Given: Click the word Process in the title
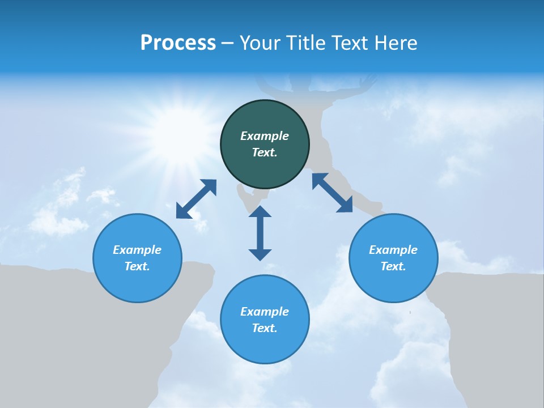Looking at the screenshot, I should click(x=178, y=43).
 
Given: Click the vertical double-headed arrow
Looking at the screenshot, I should click(x=260, y=233).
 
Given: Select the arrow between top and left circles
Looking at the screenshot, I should click(x=196, y=199).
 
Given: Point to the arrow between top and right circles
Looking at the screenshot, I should click(x=332, y=193).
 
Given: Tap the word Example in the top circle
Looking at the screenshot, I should click(x=265, y=136).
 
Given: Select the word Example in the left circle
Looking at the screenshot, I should click(x=137, y=250).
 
